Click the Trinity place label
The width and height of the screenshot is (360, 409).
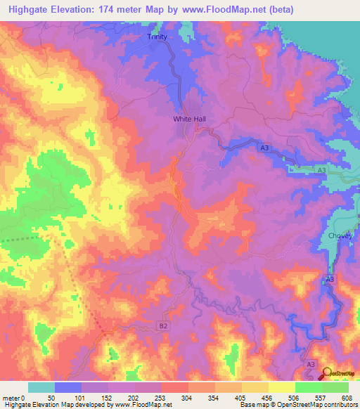[x=159, y=37]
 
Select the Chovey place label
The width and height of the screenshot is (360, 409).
[x=340, y=236]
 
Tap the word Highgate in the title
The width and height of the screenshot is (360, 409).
[x=30, y=10]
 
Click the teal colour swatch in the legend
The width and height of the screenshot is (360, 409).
[x=41, y=387]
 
